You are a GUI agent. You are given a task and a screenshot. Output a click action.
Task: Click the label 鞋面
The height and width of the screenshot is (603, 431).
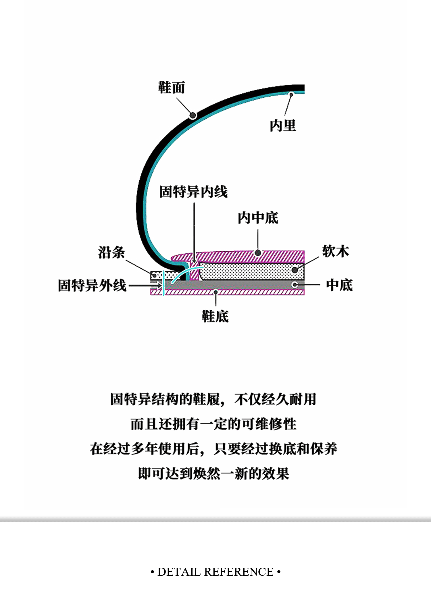pos(172,88)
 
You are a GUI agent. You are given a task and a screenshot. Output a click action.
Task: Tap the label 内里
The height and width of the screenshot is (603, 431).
pos(283,126)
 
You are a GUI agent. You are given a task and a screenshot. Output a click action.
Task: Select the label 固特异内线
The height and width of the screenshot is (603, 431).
pos(193,192)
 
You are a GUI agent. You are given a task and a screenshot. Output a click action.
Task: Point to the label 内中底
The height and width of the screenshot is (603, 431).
pos(258,218)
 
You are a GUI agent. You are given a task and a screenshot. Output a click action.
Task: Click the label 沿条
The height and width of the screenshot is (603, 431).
pos(111,253)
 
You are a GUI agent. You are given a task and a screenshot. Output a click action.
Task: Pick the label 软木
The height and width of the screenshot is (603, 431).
pos(335,251)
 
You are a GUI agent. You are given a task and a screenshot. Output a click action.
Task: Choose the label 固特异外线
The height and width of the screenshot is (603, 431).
pos(92,286)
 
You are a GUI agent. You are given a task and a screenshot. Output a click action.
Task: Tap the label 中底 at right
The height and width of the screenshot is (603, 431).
pos(339,285)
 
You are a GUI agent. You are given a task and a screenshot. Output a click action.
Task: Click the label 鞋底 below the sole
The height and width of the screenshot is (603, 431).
pos(215,317)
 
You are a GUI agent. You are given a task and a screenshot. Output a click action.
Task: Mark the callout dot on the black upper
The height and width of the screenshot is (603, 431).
pos(193,115)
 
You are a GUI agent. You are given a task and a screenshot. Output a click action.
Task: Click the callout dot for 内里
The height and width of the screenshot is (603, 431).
pos(291,94)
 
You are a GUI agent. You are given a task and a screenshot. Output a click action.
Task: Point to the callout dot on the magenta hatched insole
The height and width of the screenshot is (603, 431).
pos(258,253)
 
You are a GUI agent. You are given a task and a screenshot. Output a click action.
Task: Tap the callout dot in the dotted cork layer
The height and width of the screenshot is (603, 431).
pos(295,270)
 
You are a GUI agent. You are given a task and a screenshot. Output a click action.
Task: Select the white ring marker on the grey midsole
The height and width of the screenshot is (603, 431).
pos(295,285)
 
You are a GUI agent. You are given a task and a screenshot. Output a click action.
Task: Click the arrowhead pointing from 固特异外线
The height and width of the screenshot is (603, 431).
pos(159,286)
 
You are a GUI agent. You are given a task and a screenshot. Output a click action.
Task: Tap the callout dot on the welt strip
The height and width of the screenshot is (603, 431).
pos(155,276)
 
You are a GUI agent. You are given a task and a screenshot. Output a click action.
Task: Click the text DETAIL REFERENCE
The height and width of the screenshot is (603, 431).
pos(215,572)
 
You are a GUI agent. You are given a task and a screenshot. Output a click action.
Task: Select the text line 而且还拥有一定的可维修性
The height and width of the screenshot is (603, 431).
pos(213,424)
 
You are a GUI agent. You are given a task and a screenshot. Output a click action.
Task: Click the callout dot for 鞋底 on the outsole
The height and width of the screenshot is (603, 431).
pos(216,292)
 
